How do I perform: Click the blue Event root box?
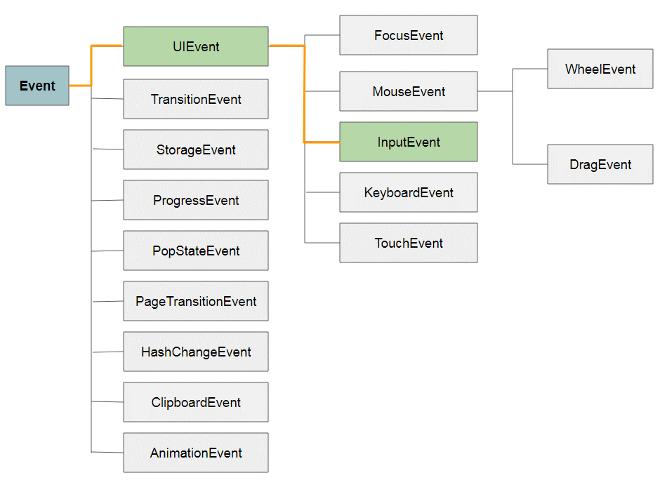click(37, 86)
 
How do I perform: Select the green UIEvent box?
click(196, 46)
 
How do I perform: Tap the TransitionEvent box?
click(196, 99)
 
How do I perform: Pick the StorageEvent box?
click(196, 149)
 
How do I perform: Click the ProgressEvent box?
click(196, 200)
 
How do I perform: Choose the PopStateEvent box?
click(196, 251)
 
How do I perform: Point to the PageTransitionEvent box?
click(196, 301)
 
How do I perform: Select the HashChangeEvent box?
click(196, 352)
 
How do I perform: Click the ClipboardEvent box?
click(196, 402)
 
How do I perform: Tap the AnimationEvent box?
click(196, 453)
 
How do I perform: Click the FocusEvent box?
click(409, 35)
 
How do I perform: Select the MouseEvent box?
click(409, 91)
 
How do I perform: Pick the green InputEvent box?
click(409, 142)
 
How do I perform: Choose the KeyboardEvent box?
click(409, 192)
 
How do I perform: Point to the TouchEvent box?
click(409, 243)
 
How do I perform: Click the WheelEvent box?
click(600, 69)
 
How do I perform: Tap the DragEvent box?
click(600, 164)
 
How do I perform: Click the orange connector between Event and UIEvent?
click(92, 67)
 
